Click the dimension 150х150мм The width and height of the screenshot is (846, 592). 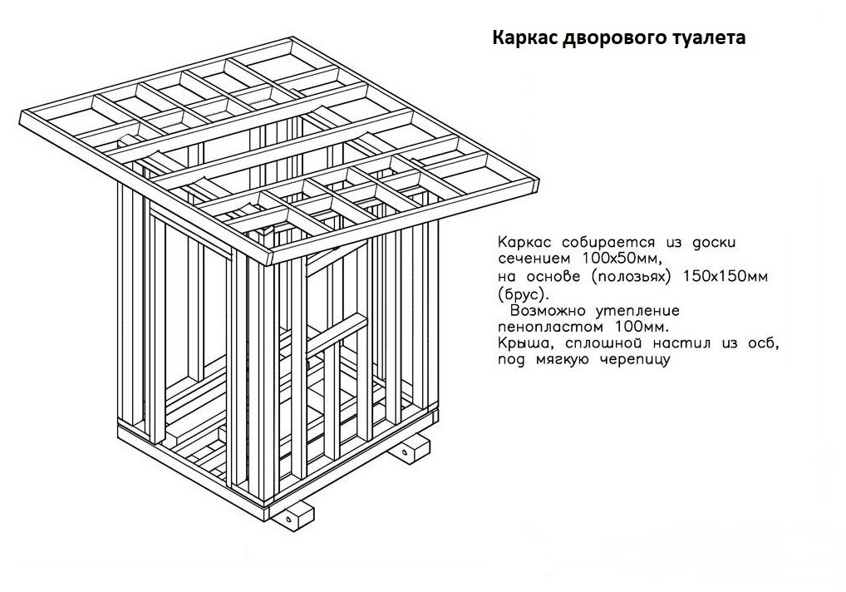click(725, 276)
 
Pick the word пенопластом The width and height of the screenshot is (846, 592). click(550, 327)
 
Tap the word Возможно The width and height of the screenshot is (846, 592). click(548, 311)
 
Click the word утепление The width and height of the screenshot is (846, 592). click(637, 311)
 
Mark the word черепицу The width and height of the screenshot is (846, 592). click(635, 360)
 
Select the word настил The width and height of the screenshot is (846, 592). click(681, 343)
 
